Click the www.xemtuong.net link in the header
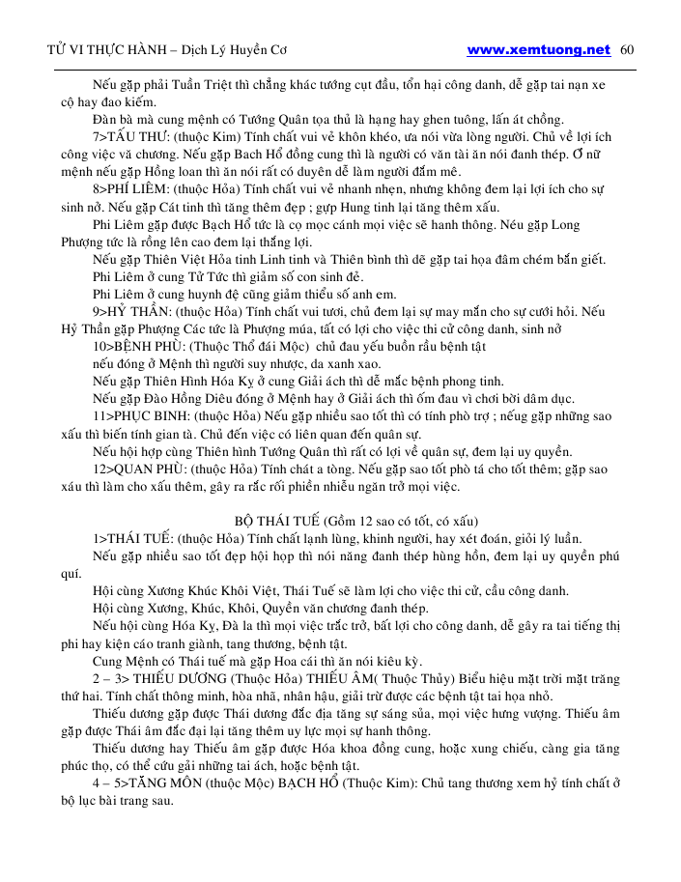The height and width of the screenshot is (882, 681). click(x=538, y=50)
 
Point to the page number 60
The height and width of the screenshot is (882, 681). click(x=626, y=50)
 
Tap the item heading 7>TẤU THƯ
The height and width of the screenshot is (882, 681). click(x=128, y=137)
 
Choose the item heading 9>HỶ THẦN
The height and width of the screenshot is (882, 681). click(x=129, y=312)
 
